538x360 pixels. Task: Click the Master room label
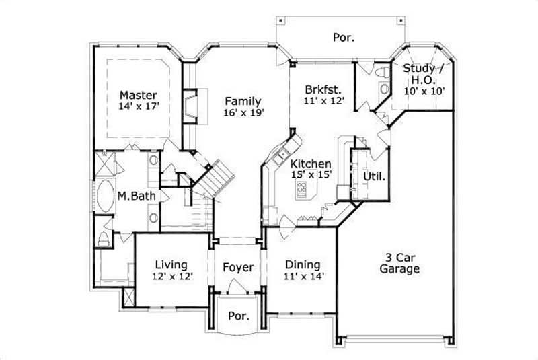[139, 95]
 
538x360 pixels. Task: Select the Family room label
[243, 101]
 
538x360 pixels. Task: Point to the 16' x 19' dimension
[243, 113]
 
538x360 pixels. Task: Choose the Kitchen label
[310, 164]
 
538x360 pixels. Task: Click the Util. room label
[374, 177]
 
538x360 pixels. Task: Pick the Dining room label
[303, 264]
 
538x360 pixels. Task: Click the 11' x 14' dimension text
[303, 277]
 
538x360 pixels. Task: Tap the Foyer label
[238, 268]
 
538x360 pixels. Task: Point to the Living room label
[171, 264]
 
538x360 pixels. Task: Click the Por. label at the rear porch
[344, 38]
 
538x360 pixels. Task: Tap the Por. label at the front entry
[238, 316]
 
